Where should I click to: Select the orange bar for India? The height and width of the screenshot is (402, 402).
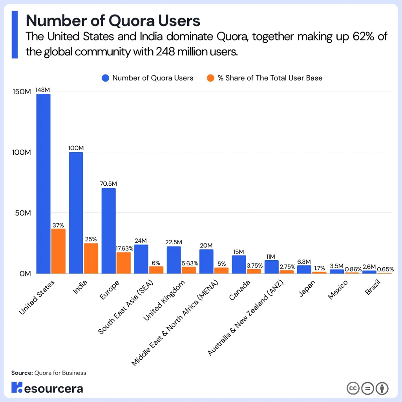coord(91,258)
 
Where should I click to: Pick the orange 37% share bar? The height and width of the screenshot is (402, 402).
coord(58,251)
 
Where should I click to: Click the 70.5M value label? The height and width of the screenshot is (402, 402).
coord(108,183)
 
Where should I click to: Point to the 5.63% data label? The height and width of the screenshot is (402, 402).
coord(190,263)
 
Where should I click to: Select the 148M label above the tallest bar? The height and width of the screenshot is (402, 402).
coord(43,90)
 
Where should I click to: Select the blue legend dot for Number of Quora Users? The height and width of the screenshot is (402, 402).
coord(105,78)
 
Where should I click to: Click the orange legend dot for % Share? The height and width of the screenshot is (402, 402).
coord(210,78)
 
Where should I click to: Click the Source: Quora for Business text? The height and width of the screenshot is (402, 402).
coord(49,373)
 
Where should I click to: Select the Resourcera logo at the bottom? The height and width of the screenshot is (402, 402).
coord(47,388)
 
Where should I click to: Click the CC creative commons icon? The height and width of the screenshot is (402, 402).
coord(353,389)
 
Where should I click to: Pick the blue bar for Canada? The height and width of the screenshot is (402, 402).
coord(239,264)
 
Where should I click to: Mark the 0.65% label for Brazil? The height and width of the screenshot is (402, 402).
coord(385,269)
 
